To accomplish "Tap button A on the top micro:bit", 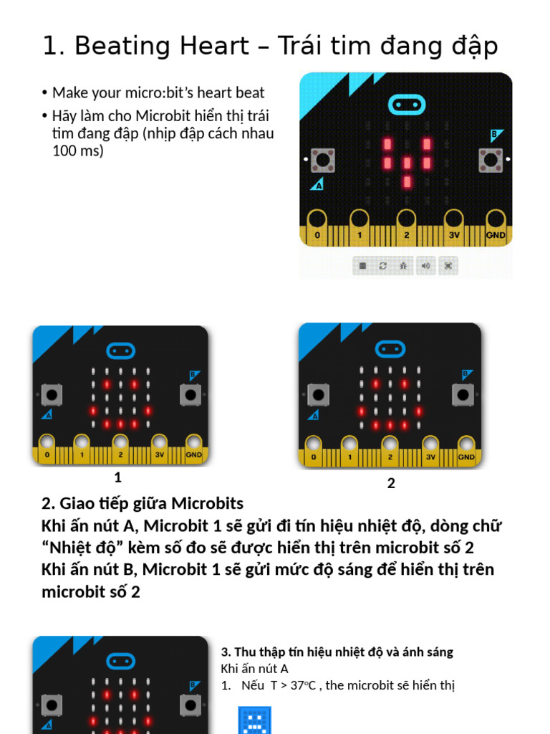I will (x=324, y=160).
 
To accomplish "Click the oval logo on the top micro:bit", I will (x=407, y=105).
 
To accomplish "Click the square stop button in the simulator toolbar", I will (x=362, y=266).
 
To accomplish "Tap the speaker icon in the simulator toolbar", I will (x=426, y=266).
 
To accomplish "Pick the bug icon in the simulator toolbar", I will (x=405, y=266).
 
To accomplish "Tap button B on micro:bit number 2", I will (x=463, y=394).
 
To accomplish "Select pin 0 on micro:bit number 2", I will (x=313, y=447).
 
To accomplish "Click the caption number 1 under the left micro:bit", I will (x=118, y=478).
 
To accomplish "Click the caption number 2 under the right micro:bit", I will (x=391, y=484).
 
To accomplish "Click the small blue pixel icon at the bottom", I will (x=254, y=720).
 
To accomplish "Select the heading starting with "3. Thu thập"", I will (x=337, y=652).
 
